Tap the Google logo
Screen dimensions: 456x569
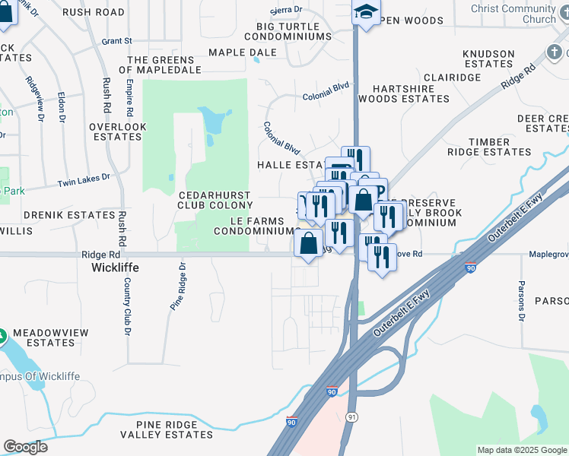(x=25, y=447)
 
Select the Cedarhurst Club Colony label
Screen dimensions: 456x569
(x=215, y=199)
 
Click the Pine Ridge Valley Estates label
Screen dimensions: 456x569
(x=174, y=429)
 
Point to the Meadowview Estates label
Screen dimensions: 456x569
(x=52, y=337)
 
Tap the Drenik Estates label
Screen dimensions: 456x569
(x=68, y=215)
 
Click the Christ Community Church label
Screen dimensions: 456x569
(x=524, y=14)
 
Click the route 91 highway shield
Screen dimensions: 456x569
(x=351, y=417)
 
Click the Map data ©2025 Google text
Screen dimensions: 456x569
(x=521, y=450)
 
